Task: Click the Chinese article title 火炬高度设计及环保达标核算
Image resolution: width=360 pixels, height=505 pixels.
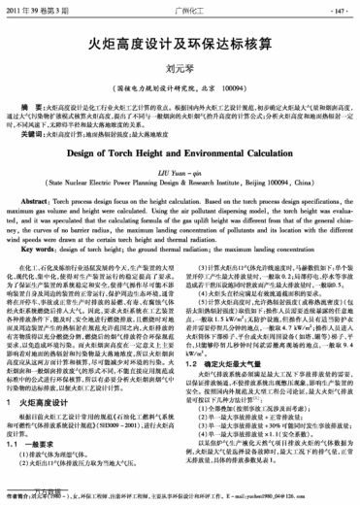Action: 180,43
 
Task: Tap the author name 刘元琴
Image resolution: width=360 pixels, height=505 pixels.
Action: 180,69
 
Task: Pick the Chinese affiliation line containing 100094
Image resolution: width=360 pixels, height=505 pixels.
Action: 180,86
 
